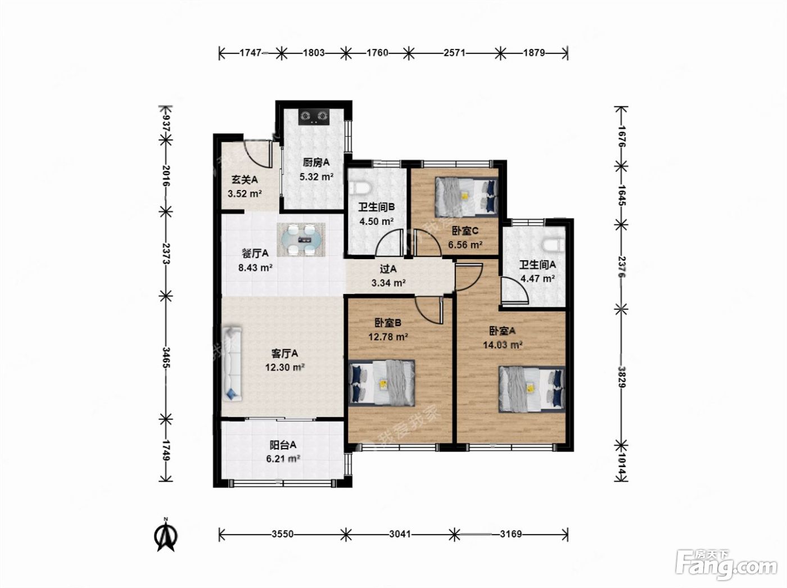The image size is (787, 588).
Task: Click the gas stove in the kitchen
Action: [x=314, y=116]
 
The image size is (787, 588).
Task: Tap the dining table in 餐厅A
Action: [x=301, y=239]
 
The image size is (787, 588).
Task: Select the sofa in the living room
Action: [x=232, y=364]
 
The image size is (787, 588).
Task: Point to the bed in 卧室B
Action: [x=382, y=383]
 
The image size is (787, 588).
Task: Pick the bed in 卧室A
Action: [x=532, y=389]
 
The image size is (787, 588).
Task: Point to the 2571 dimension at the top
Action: [x=454, y=53]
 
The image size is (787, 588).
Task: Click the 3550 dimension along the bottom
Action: [x=283, y=534]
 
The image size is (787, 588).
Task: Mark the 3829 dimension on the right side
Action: [x=622, y=377]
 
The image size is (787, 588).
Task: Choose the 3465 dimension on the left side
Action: [x=166, y=358]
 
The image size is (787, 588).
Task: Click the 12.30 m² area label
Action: [x=285, y=368]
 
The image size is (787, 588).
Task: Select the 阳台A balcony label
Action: [x=283, y=445]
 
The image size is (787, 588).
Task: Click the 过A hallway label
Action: [x=388, y=269]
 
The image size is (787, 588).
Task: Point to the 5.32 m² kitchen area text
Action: [x=317, y=177]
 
